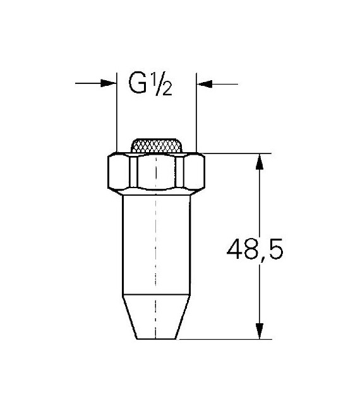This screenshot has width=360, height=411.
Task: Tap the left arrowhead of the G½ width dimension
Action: [x=111, y=83]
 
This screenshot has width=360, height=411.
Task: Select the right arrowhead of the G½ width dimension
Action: [x=203, y=83]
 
